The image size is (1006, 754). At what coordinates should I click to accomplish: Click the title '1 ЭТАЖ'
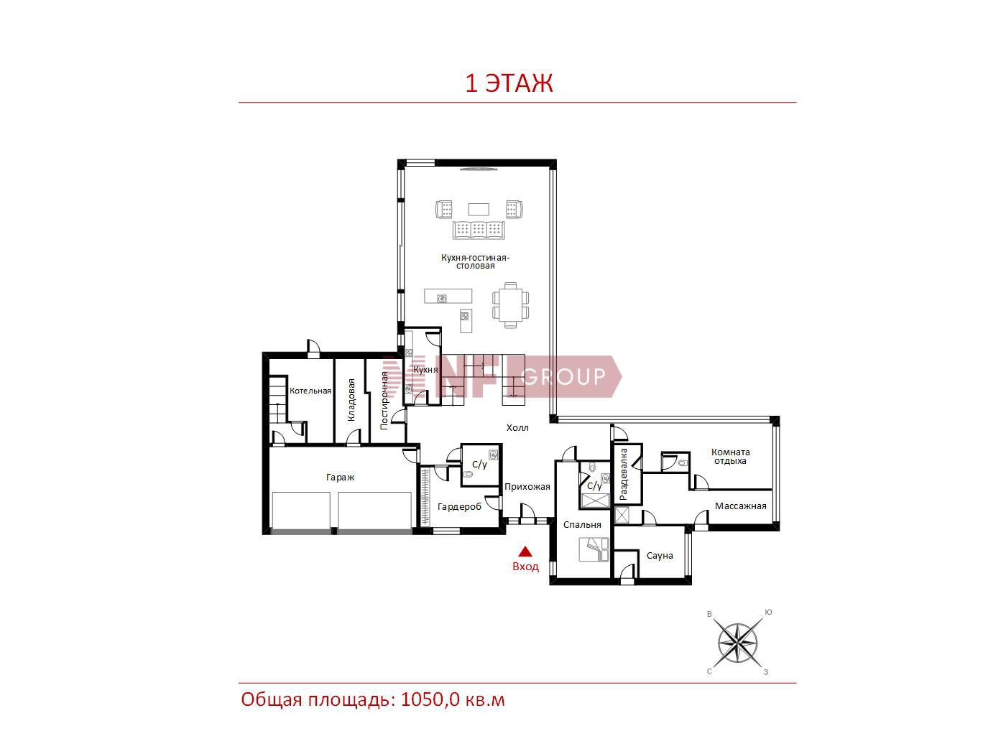509,83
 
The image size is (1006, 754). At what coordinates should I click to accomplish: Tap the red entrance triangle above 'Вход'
525,551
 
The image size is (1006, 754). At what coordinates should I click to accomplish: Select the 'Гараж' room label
340,478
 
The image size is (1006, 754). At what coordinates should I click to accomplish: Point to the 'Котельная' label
310,391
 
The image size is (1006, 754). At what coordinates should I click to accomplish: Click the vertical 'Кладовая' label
351,399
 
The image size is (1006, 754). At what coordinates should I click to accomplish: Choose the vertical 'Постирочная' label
384,401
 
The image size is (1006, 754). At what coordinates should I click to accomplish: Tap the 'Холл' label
517,427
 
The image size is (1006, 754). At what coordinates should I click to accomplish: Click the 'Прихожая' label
527,487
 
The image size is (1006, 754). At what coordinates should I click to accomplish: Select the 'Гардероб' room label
459,507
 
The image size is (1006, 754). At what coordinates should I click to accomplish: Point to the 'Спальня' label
582,525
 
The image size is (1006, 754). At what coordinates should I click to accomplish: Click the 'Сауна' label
660,555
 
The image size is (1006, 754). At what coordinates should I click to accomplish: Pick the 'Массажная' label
741,506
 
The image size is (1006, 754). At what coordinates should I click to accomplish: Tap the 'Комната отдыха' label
731,457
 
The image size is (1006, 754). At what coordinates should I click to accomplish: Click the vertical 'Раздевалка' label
623,474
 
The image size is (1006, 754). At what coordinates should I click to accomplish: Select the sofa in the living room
479,230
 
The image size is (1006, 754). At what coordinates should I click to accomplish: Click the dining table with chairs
511,305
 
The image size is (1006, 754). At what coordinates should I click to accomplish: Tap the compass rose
737,643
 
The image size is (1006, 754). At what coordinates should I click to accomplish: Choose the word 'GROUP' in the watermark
563,376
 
